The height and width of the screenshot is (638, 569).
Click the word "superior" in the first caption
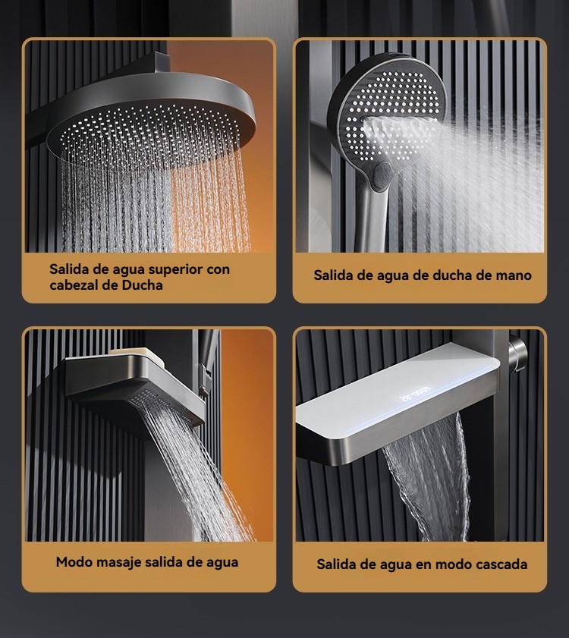[x=175, y=270]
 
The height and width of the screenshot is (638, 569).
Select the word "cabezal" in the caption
[x=74, y=284]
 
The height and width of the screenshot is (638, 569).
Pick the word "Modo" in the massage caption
[x=71, y=562]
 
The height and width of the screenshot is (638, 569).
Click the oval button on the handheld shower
[x=381, y=175]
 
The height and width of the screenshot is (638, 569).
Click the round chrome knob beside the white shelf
[x=517, y=353]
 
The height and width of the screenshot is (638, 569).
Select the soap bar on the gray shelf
[x=137, y=354]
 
